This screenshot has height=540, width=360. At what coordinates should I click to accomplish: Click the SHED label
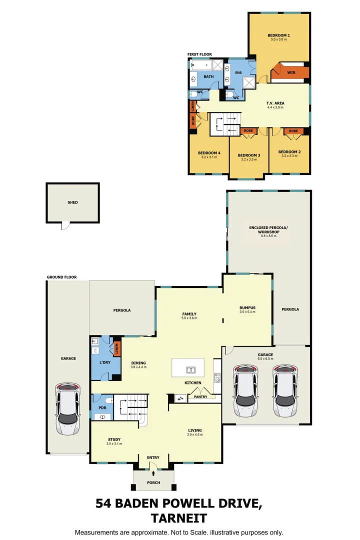click(72, 202)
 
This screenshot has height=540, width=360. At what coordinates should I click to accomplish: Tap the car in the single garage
click(67, 409)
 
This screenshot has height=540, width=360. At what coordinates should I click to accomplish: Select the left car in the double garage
click(246, 390)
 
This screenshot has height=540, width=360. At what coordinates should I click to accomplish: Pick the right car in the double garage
click(284, 390)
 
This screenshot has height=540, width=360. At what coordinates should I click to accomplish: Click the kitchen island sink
click(190, 370)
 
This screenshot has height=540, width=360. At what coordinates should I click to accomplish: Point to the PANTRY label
click(200, 397)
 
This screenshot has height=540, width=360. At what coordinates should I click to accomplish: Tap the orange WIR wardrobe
click(290, 73)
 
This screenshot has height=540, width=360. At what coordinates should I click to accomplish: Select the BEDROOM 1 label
click(278, 35)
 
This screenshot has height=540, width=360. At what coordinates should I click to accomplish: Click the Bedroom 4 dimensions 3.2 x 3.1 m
click(209, 157)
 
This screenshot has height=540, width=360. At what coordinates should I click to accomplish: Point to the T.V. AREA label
click(275, 103)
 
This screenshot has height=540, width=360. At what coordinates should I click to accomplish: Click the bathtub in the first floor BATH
click(201, 64)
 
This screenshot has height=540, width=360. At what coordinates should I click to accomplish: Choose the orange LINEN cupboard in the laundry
click(116, 348)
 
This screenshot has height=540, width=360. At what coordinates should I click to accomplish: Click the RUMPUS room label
click(247, 307)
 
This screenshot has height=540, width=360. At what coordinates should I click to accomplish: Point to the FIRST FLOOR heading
click(199, 54)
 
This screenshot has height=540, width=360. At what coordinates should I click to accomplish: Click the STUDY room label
click(113, 439)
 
